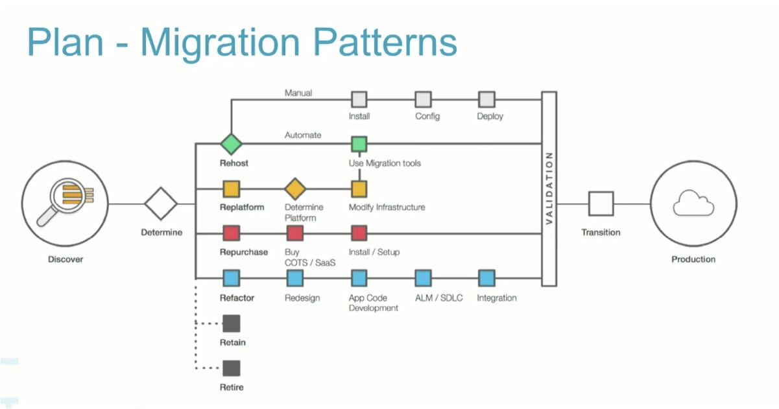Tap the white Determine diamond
[x=161, y=204]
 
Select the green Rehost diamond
[x=231, y=143]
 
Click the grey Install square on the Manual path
[x=359, y=100]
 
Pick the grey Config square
[x=423, y=100]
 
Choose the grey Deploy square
[x=486, y=100]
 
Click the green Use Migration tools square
[x=359, y=143]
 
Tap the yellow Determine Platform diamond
[x=295, y=189]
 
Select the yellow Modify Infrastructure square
[x=359, y=189]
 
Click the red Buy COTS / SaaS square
[x=295, y=233]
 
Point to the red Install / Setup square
[x=359, y=233]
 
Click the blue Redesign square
[x=295, y=279]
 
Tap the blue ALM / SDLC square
[x=423, y=279]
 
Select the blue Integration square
[x=486, y=279]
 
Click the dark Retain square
[x=231, y=323]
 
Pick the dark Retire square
[x=231, y=368]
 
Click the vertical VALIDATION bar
[x=549, y=189]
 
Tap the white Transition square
[x=601, y=204]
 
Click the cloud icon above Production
[x=693, y=203]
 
